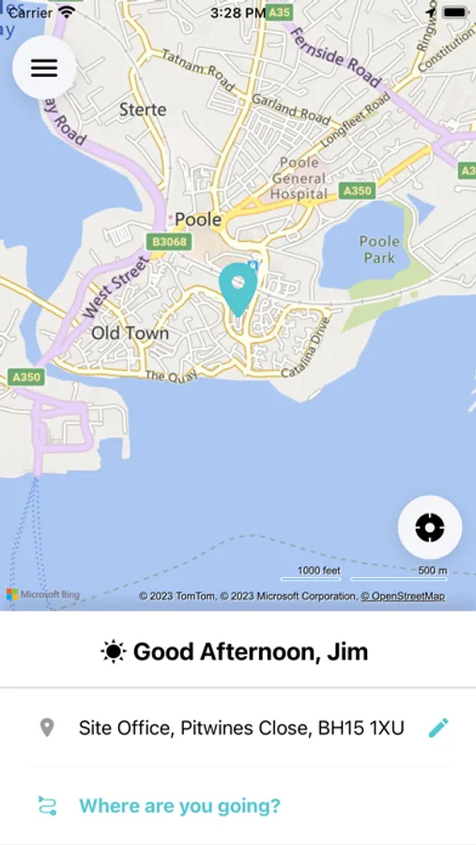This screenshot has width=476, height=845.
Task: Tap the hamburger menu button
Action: [44, 68]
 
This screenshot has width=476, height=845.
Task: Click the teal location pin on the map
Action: [238, 286]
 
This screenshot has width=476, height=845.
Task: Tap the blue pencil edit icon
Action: [438, 728]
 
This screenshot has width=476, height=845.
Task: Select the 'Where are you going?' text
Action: [179, 806]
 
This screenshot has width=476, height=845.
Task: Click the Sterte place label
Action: [143, 110]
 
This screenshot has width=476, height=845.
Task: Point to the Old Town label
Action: [131, 333]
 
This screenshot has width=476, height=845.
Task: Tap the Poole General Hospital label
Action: [299, 178]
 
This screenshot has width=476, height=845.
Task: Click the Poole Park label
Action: [379, 249]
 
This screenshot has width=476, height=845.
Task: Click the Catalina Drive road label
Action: [313, 348]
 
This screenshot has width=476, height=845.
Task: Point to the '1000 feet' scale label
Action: [319, 570]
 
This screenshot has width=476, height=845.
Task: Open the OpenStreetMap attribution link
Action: [408, 596]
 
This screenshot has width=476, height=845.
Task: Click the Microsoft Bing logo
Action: [43, 594]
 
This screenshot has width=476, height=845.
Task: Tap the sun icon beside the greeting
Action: [114, 652]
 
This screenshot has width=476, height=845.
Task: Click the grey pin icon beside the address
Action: [46, 728]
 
